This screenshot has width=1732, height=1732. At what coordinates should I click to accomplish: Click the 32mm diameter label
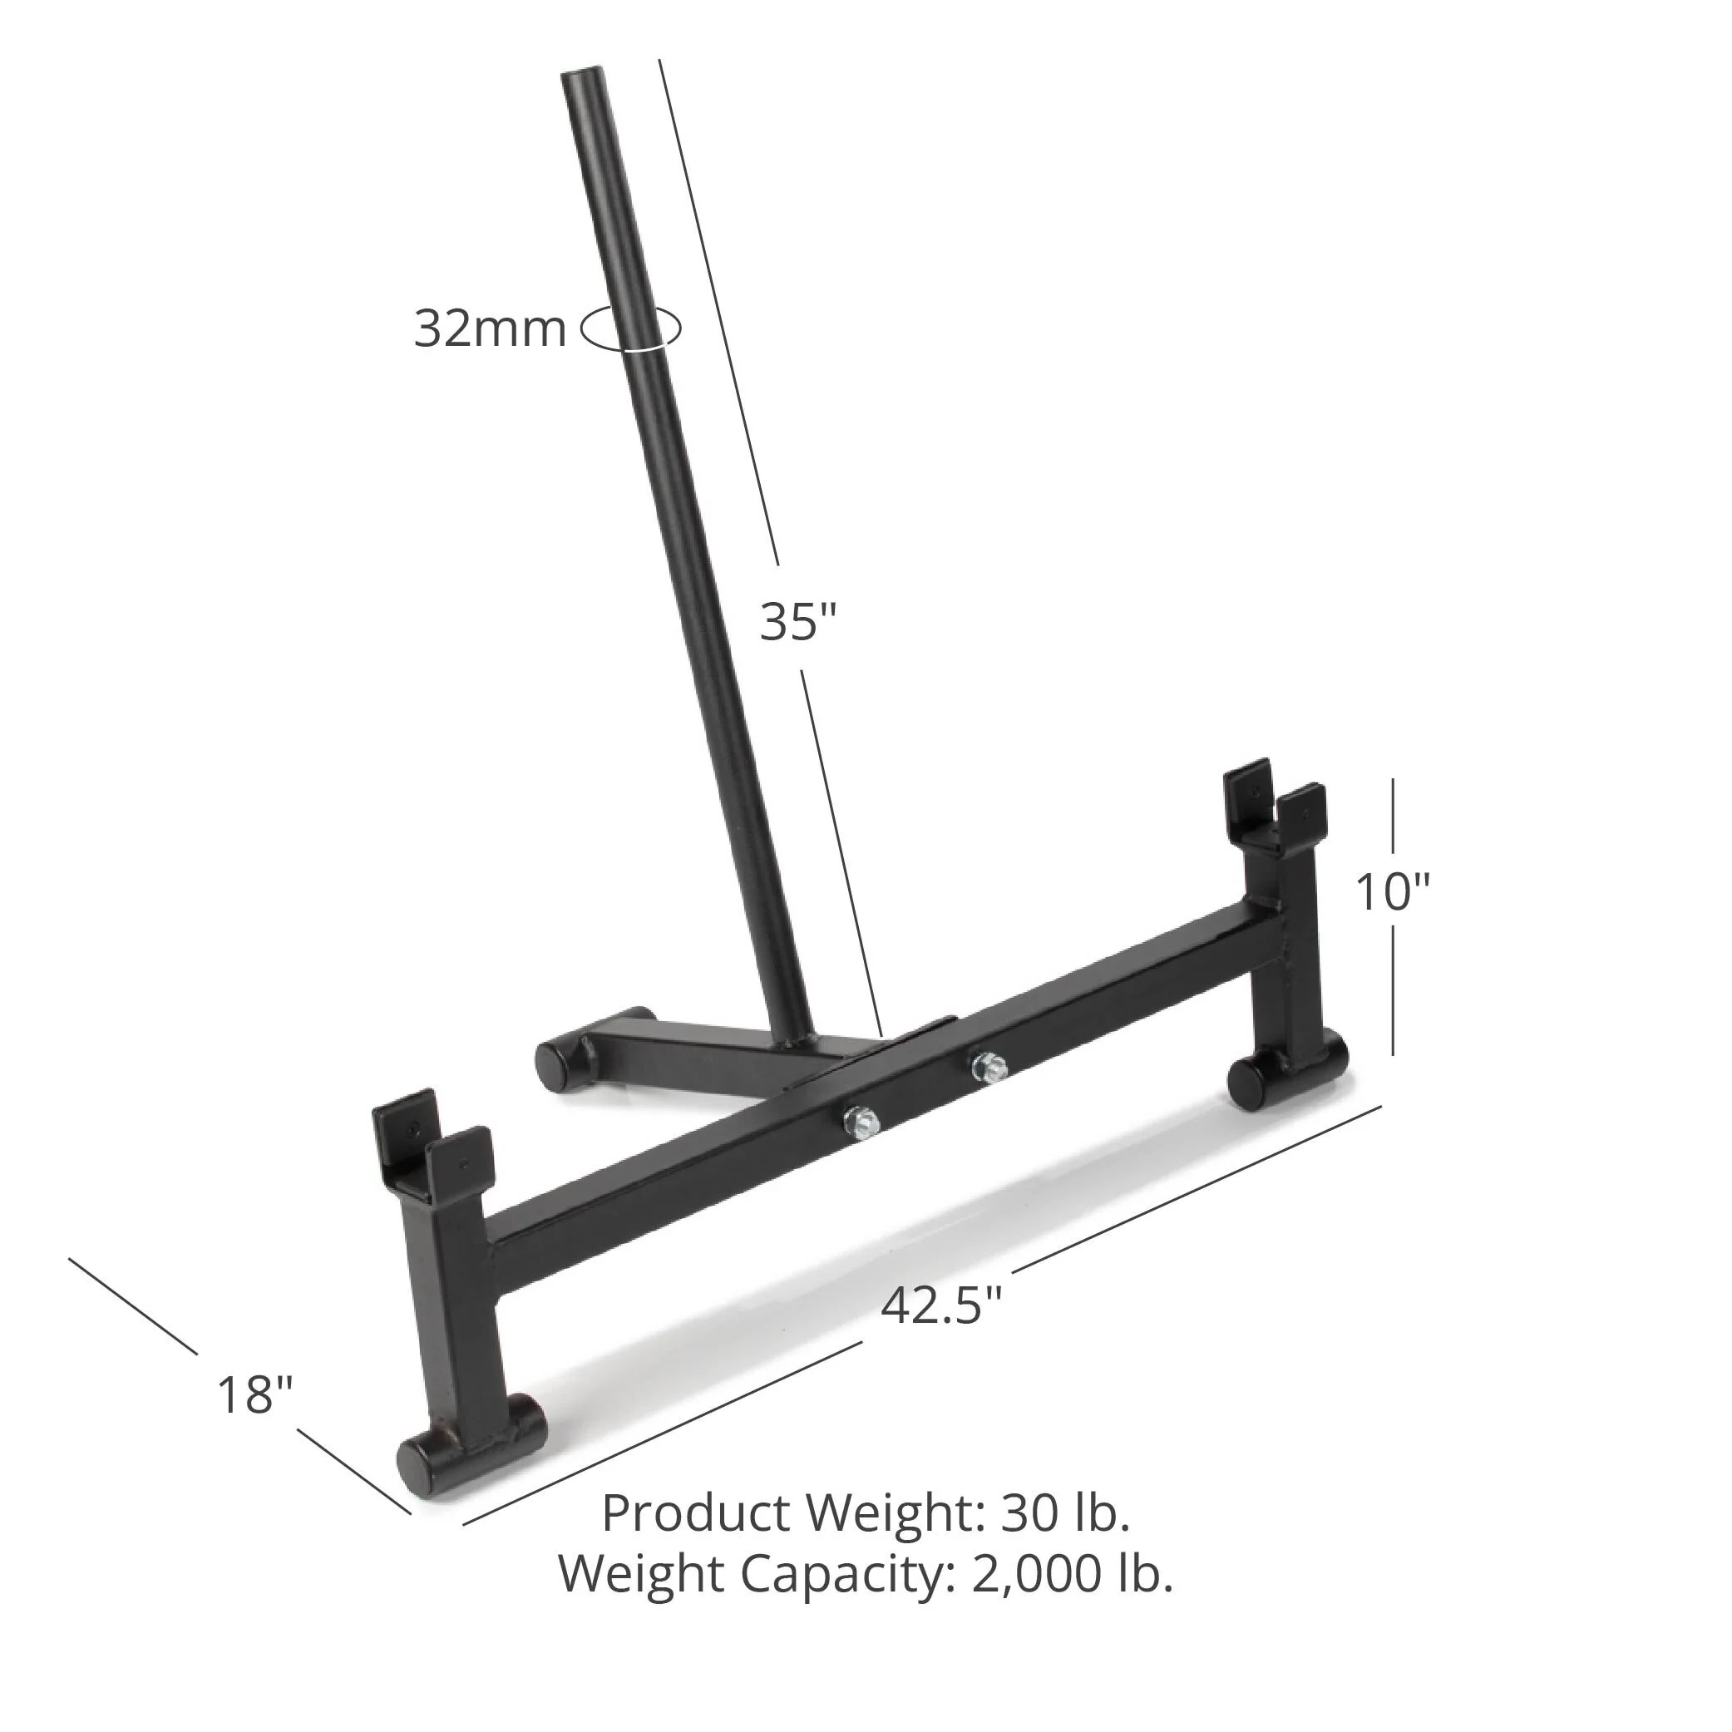(x=490, y=329)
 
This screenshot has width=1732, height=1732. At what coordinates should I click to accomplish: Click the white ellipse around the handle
(x=631, y=328)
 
